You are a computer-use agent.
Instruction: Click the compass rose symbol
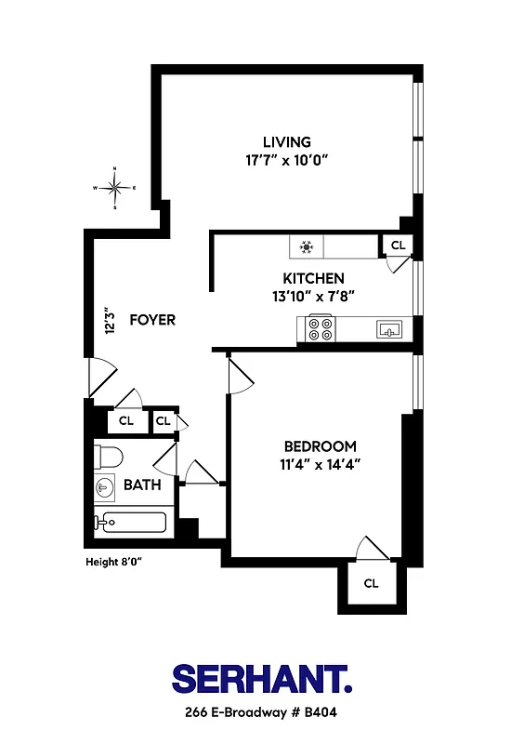(114, 188)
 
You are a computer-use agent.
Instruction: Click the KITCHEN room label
(313, 278)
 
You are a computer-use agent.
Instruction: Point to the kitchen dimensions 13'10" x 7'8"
(313, 296)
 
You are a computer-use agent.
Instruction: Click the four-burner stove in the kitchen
(321, 328)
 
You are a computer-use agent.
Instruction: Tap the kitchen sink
(388, 328)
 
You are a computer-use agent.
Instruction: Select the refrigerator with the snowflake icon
(306, 246)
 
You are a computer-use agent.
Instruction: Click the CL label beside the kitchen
(399, 246)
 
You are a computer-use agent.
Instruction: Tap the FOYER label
(152, 320)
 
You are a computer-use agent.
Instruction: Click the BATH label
(142, 485)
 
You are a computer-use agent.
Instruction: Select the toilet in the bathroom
(108, 457)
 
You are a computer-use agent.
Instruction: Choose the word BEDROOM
(320, 445)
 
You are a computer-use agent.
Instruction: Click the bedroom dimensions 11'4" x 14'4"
(320, 463)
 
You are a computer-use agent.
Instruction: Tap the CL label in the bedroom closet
(371, 583)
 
